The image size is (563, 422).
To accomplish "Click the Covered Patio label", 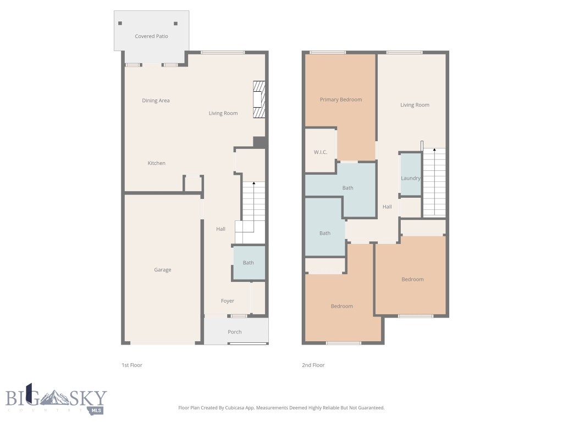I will click(151, 36).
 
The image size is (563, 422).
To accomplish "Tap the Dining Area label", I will click(156, 101).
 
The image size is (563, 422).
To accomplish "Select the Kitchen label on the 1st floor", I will click(156, 163).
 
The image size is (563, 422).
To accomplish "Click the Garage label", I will click(162, 270).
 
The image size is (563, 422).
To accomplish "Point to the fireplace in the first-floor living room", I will click(258, 99).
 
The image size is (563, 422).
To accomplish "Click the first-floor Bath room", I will click(249, 263).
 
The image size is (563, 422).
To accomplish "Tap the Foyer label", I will click(228, 301).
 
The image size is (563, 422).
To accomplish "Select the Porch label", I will click(235, 332).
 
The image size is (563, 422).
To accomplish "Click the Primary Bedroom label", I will click(341, 99).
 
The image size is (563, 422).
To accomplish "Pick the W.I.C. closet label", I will click(321, 152).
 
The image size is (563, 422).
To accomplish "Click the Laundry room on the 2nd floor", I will click(410, 177).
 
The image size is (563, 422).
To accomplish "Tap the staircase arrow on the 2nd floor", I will click(434, 151).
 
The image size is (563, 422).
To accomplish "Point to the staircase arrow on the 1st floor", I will click(253, 184).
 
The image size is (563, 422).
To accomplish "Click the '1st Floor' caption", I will click(132, 365).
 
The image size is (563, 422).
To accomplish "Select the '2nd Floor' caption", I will click(314, 365).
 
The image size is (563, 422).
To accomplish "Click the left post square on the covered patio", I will click(120, 24).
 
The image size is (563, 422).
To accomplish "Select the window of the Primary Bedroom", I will click(328, 52).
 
